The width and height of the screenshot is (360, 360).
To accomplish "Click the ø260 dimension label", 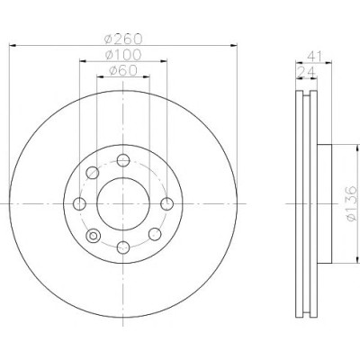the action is coord(123,39).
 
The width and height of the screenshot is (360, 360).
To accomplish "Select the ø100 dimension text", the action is coord(123,55).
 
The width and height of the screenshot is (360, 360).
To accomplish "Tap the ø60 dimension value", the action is coord(123,70).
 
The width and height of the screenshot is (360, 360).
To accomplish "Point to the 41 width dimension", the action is coord(314,56).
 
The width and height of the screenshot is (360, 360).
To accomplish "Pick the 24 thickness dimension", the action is coord(306,72).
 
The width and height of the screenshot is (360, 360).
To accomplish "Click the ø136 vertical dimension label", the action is coord(352,203).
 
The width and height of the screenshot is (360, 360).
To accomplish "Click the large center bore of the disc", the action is coord(123,204).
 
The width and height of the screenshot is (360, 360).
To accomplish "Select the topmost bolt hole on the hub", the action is coord(123,160).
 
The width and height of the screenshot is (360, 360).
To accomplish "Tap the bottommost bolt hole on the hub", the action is coord(123,247).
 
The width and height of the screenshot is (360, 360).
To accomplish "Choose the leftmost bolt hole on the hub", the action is coord(79,204).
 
